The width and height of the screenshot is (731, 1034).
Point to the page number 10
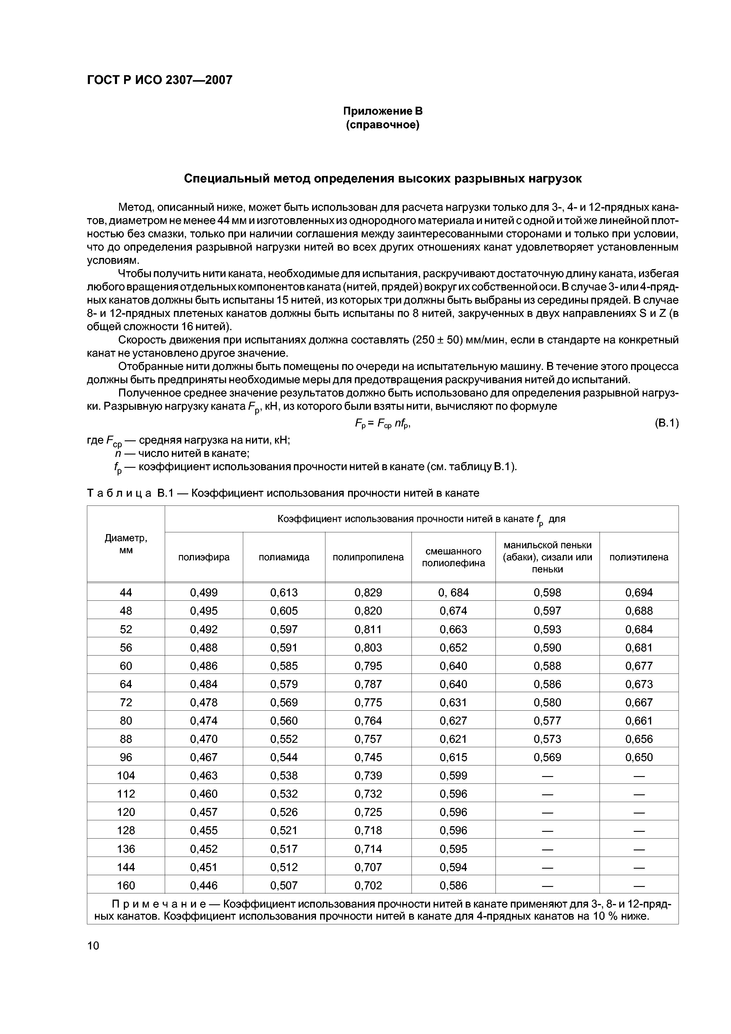pyautogui.click(x=93, y=945)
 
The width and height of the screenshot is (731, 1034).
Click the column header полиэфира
pyautogui.click(x=204, y=557)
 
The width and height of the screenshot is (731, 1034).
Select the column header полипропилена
pyautogui.click(x=368, y=557)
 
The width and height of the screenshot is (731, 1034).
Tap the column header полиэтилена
pyautogui.click(x=639, y=557)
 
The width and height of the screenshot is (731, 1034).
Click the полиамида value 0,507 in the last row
pyautogui.click(x=284, y=885)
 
